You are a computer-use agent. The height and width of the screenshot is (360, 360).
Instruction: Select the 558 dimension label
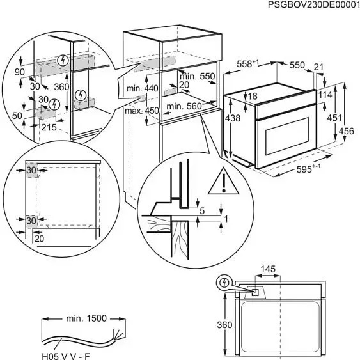pyautogui.click(x=246, y=65)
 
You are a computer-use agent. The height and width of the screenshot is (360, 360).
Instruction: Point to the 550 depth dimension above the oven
pyautogui.click(x=295, y=65)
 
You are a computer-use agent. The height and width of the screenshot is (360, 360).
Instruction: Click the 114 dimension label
pyautogui.click(x=325, y=95)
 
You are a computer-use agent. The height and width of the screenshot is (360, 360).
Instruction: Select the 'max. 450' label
pyautogui.click(x=143, y=111)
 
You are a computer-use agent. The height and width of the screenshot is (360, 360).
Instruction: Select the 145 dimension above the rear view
pyautogui.click(x=269, y=271)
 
